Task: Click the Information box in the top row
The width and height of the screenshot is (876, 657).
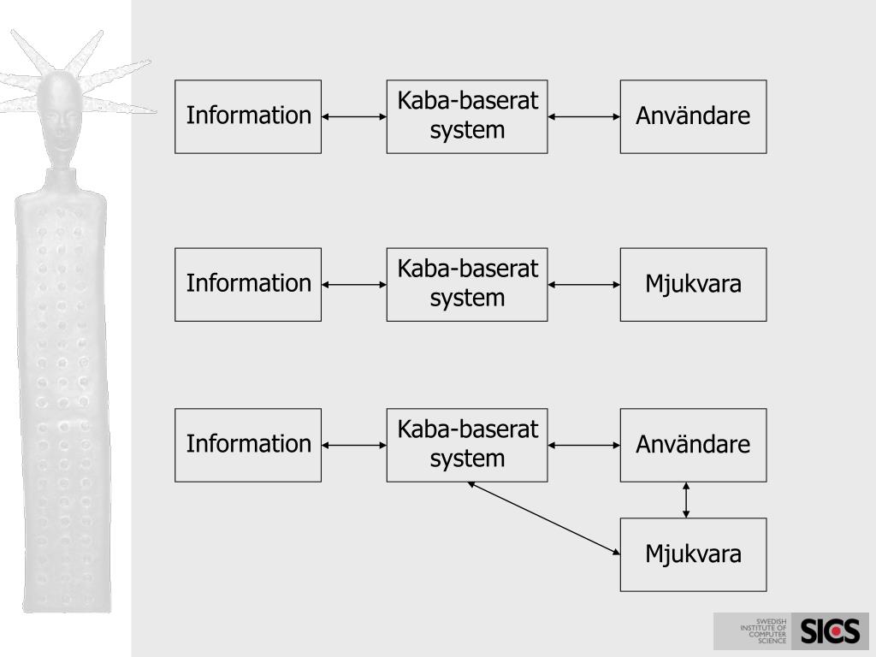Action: coord(248,116)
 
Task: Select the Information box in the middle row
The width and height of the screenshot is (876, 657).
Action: coord(248,284)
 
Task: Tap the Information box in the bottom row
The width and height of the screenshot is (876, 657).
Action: coord(248,445)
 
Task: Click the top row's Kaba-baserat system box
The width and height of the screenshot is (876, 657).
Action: coord(467,116)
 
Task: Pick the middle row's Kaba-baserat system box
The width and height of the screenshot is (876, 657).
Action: coord(467,284)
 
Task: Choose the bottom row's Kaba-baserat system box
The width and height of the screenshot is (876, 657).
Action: coord(467,445)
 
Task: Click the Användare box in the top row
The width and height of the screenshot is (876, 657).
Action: coord(693,116)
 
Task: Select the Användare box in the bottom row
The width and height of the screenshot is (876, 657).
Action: coord(693,445)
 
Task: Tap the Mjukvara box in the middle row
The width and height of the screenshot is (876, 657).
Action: coord(693,284)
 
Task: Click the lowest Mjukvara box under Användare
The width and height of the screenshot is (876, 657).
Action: coord(693,554)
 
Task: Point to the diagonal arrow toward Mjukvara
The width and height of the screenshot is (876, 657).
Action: coord(544,518)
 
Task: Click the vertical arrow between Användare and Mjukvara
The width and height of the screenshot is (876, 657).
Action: coord(686,500)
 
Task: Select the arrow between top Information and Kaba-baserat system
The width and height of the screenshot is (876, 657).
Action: coord(354,116)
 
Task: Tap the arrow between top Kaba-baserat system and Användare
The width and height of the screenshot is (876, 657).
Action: coord(583,116)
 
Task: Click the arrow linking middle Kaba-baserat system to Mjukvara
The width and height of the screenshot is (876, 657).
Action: coord(583,284)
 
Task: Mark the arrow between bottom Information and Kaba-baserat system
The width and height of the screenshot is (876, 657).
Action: coord(354,445)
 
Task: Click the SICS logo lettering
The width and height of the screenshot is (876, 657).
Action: coord(830,631)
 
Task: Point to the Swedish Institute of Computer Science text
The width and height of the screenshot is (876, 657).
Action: coord(763,630)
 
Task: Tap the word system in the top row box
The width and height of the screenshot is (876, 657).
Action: coord(467,130)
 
